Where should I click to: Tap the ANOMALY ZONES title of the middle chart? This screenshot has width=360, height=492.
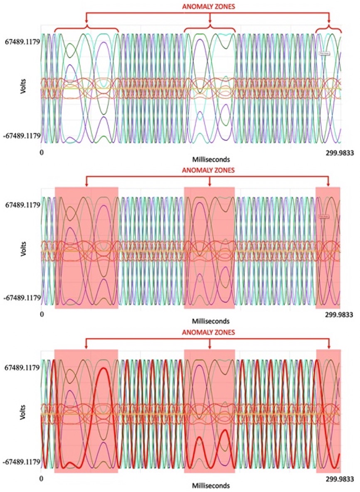point(210,170)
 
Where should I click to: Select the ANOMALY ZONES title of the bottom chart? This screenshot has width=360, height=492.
point(210,332)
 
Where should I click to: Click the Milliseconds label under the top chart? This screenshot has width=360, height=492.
point(211,159)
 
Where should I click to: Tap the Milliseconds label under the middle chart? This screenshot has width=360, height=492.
point(211,321)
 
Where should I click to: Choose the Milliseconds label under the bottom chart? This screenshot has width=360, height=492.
point(211,485)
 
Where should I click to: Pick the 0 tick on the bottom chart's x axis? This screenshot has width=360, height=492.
point(41,478)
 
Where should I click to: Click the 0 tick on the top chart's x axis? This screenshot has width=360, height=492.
point(42,153)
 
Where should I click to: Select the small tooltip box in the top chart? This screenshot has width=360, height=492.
point(324,53)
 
